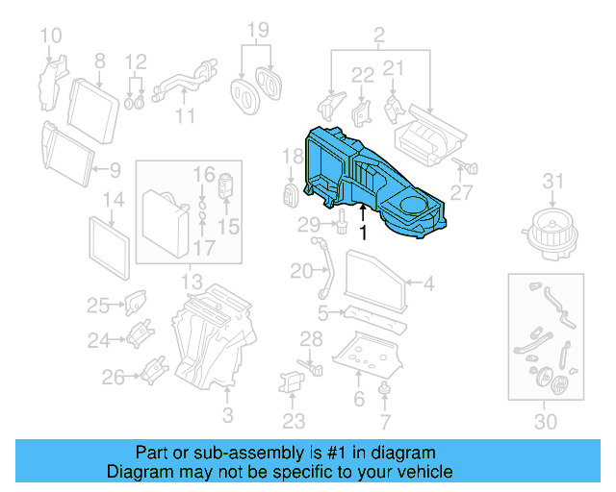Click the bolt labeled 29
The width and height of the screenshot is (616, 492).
coord(342,225)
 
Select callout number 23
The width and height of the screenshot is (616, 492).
coord(294,420)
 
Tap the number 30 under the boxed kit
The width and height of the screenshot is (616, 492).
coord(545,421)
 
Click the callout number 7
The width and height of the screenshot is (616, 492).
coord(385,421)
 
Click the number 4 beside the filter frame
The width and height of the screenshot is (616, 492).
coord(428,283)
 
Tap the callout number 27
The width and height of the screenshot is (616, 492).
coord(462,193)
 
